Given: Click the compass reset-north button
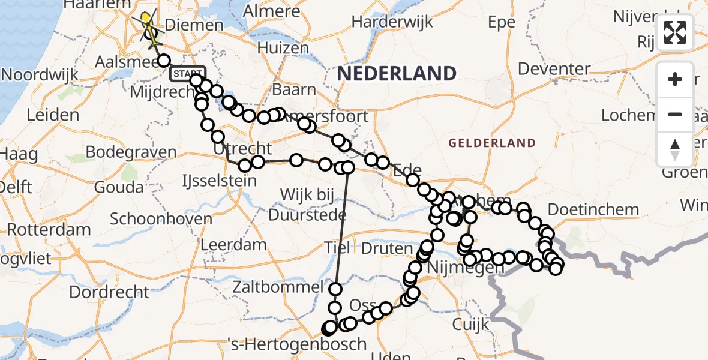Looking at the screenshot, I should pos(675,149).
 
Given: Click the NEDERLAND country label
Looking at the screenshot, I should pos(397,74).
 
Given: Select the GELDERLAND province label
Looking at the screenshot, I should pos(491,143).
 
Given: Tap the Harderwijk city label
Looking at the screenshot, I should pos(392,23).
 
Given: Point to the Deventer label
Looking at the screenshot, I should pos(554,68).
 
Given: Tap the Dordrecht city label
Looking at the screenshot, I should pos(110,292).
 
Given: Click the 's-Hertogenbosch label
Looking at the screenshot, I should pos(306,344).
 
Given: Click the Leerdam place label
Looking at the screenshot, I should pos(233,244).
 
